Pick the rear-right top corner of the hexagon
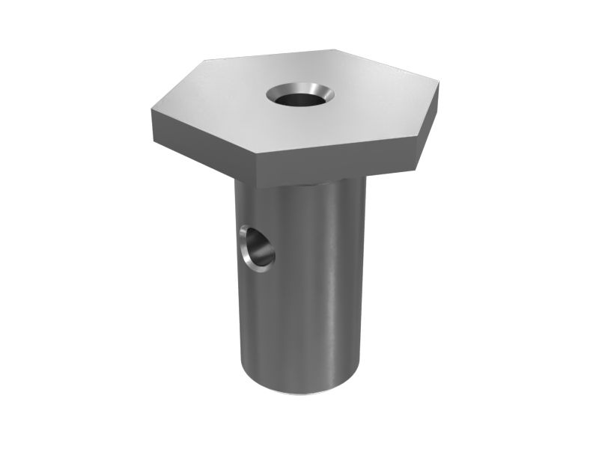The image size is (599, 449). [341, 51]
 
